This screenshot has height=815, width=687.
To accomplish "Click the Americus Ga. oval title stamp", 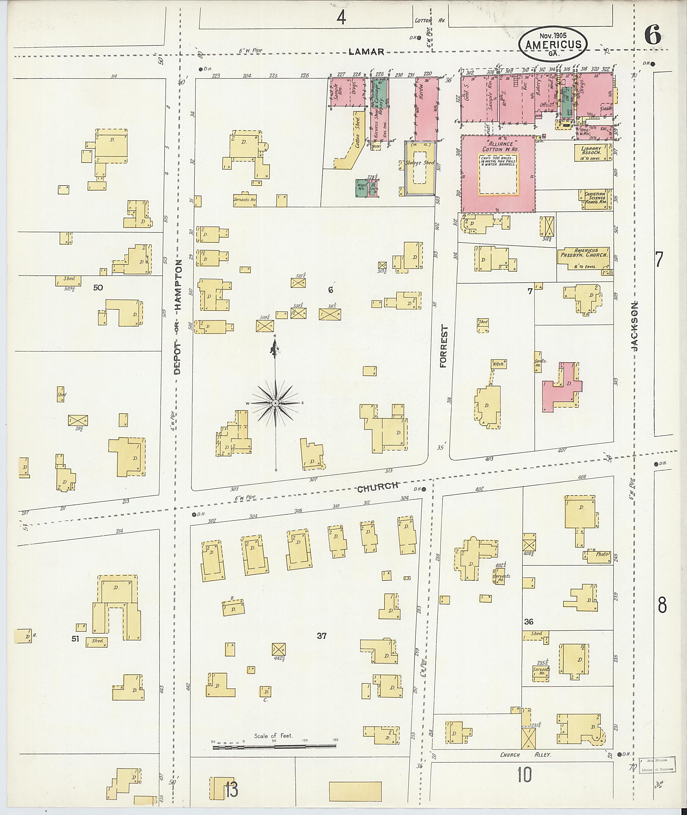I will (x=553, y=44).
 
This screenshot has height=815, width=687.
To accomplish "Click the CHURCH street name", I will (x=377, y=487).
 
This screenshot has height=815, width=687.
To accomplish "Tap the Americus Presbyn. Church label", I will (x=583, y=253).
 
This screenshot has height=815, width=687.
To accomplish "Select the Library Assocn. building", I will (x=591, y=153).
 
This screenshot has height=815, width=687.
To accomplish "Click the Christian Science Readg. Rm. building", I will (x=595, y=200).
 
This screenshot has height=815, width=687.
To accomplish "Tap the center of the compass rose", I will (x=275, y=403).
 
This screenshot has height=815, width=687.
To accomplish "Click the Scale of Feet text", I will (x=273, y=736).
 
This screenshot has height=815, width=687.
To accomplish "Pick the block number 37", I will (x=321, y=636).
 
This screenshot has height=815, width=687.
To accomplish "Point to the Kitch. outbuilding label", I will (x=498, y=364).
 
